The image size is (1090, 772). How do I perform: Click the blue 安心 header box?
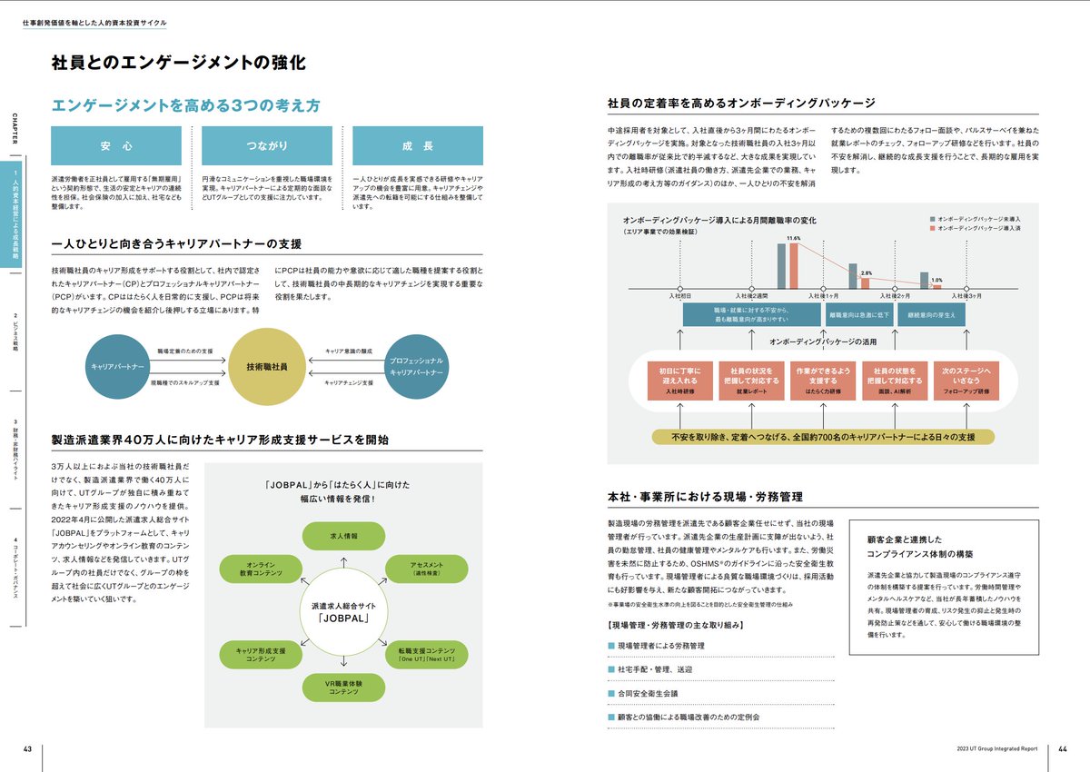pos(116,145)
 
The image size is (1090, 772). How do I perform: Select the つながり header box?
pos(266,145)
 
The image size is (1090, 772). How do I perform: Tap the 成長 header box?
pos(417,145)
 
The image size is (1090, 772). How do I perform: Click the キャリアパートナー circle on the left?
pos(117,366)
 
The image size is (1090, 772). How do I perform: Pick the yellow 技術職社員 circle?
pos(266,366)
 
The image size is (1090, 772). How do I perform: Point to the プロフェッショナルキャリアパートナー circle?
pos(416,366)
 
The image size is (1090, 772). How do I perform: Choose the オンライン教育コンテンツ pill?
pos(252,569)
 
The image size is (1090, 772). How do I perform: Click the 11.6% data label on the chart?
pos(793,238)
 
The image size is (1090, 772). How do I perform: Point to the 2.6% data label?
pos(866,272)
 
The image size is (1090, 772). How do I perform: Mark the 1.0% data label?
pos(937,280)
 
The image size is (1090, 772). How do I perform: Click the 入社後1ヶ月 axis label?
pos(824,296)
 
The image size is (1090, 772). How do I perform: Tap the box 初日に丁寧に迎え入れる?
pos(680,381)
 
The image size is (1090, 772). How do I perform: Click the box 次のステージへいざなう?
pos(965,381)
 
